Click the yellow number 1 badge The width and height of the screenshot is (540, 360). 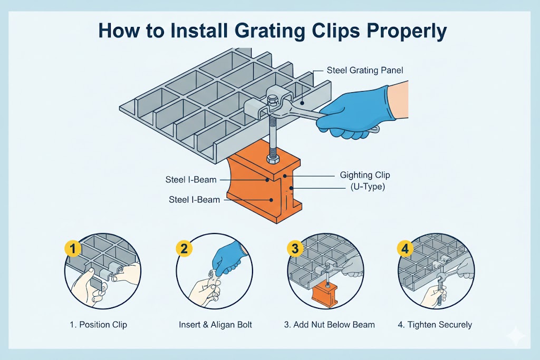pos(71,248)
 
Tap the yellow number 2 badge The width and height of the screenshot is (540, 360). pos(184,248)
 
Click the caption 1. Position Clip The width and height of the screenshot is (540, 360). pos(99,325)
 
